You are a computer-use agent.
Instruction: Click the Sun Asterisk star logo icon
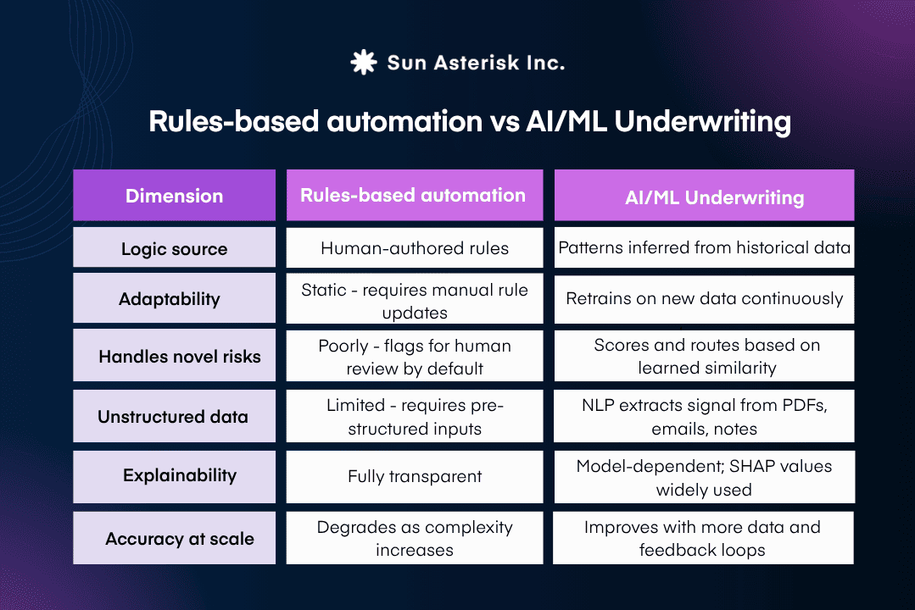pos(363,63)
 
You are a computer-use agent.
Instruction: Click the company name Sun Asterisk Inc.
pos(475,63)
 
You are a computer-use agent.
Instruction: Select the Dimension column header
pos(174,196)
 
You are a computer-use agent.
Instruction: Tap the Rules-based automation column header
pos(414,195)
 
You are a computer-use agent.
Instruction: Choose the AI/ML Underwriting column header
pos(704,197)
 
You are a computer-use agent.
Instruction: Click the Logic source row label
pos(174,249)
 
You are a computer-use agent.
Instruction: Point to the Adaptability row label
pos(174,299)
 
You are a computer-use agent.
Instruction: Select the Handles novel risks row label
pos(174,357)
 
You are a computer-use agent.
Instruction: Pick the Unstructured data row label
pos(174,416)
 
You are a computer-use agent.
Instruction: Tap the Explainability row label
pos(174,475)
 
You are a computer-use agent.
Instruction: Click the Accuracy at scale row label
pos(174,539)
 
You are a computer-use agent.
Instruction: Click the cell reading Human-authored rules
pos(414,248)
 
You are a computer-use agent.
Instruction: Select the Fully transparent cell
pos(414,477)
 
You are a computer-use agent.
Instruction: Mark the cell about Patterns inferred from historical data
pos(704,248)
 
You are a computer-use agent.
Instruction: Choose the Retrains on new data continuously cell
pos(704,298)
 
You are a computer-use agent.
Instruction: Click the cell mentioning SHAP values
pos(704,478)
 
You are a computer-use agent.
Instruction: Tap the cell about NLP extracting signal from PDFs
pos(704,417)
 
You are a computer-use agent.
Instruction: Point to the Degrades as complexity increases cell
pos(414,539)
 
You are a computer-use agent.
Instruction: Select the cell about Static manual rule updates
pos(414,301)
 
